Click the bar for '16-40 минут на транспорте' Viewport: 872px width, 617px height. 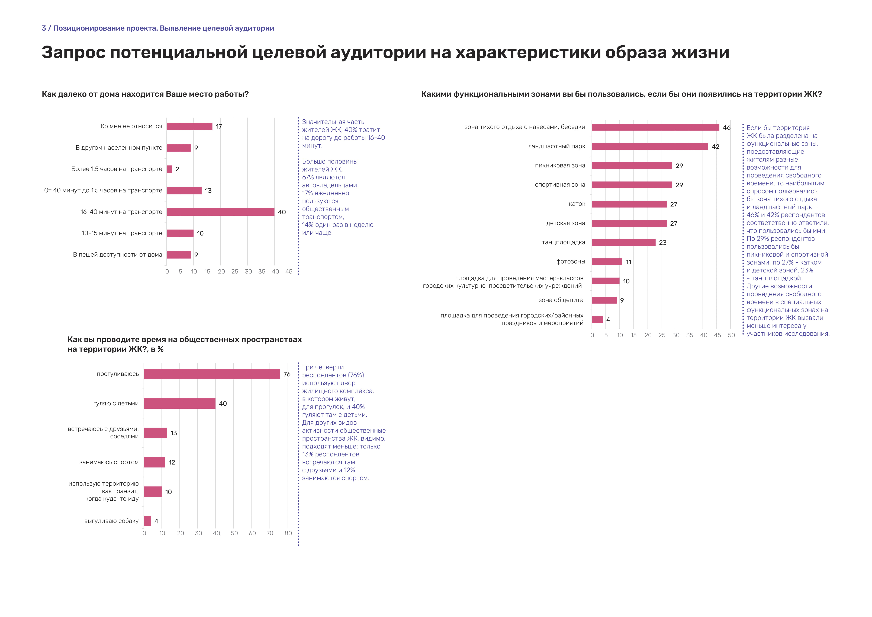click(x=220, y=212)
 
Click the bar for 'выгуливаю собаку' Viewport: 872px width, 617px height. click(x=147, y=521)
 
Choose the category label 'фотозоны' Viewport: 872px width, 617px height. click(x=570, y=261)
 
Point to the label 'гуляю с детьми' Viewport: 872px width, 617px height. click(x=116, y=403)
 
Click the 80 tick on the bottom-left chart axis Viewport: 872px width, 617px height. click(x=288, y=533)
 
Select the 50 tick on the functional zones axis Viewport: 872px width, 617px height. click(x=731, y=335)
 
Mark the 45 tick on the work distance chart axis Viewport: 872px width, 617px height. click(x=289, y=272)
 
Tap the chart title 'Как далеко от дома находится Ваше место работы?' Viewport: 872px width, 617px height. click(x=145, y=94)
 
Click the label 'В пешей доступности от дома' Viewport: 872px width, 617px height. click(x=117, y=255)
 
